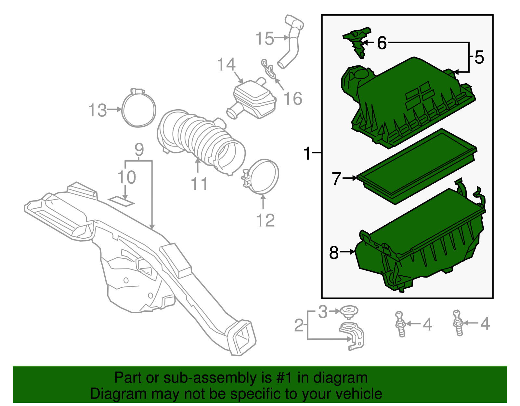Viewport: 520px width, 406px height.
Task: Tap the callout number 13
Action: [97, 110]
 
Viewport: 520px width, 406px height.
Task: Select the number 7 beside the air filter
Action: [337, 178]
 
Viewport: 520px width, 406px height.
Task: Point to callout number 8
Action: [334, 252]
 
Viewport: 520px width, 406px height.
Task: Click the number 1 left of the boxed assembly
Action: [307, 153]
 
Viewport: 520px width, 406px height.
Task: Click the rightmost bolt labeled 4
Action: [458, 323]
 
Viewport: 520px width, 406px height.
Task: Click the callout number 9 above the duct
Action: [139, 150]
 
